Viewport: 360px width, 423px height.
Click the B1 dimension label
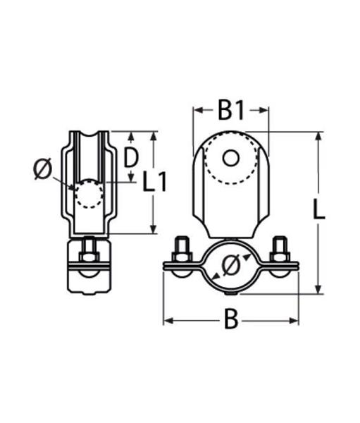231,111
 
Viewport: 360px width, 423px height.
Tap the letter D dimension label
131,157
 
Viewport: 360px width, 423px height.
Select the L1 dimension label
154,183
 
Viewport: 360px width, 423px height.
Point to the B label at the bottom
231,320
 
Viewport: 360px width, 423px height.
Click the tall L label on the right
319,209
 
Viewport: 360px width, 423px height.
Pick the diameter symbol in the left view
42,169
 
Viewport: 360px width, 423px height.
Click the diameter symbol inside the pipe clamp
231,266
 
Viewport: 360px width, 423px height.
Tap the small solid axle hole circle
231,158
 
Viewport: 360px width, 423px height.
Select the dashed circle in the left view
89,193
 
